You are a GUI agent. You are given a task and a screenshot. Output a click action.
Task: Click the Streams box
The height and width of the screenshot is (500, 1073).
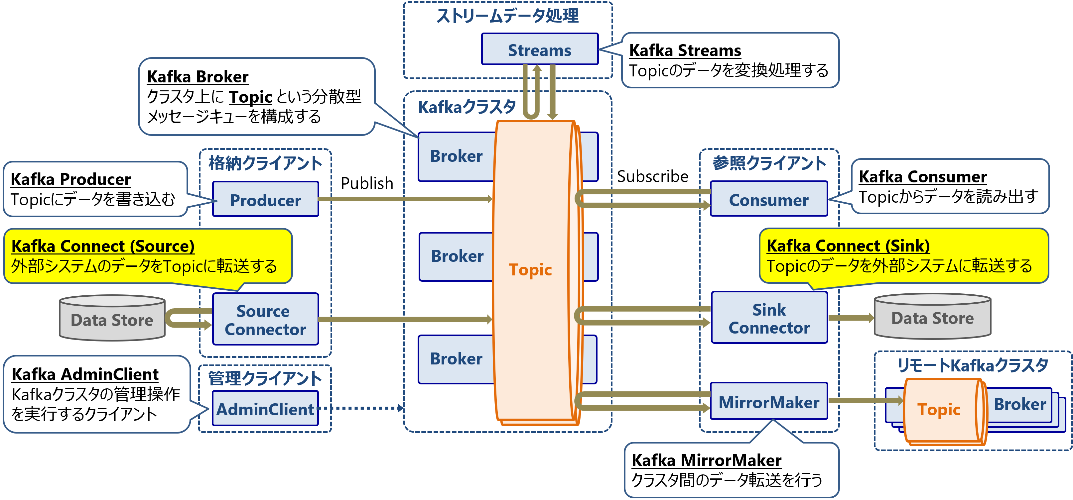point(539,50)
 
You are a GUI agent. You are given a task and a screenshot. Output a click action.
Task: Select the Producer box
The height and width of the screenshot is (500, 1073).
point(265,200)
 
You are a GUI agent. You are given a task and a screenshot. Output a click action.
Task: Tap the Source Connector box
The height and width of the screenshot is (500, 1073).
point(265,320)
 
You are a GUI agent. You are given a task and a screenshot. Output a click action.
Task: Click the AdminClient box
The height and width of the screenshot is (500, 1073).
point(265,409)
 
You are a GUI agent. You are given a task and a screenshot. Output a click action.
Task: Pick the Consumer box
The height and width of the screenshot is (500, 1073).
point(768,199)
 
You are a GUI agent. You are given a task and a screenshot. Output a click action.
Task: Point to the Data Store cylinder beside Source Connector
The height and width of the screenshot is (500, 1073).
point(112,319)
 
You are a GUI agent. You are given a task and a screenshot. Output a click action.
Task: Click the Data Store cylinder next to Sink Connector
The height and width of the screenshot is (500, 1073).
point(932,317)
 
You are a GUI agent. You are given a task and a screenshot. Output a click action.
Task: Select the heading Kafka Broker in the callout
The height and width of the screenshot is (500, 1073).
point(198,77)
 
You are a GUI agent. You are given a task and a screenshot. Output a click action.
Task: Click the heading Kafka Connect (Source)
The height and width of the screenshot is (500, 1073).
point(103,246)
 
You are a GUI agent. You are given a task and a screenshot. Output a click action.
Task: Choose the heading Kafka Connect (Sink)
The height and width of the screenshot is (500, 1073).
point(848,246)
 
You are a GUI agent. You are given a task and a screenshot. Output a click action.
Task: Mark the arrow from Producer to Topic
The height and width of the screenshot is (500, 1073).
point(404,199)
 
